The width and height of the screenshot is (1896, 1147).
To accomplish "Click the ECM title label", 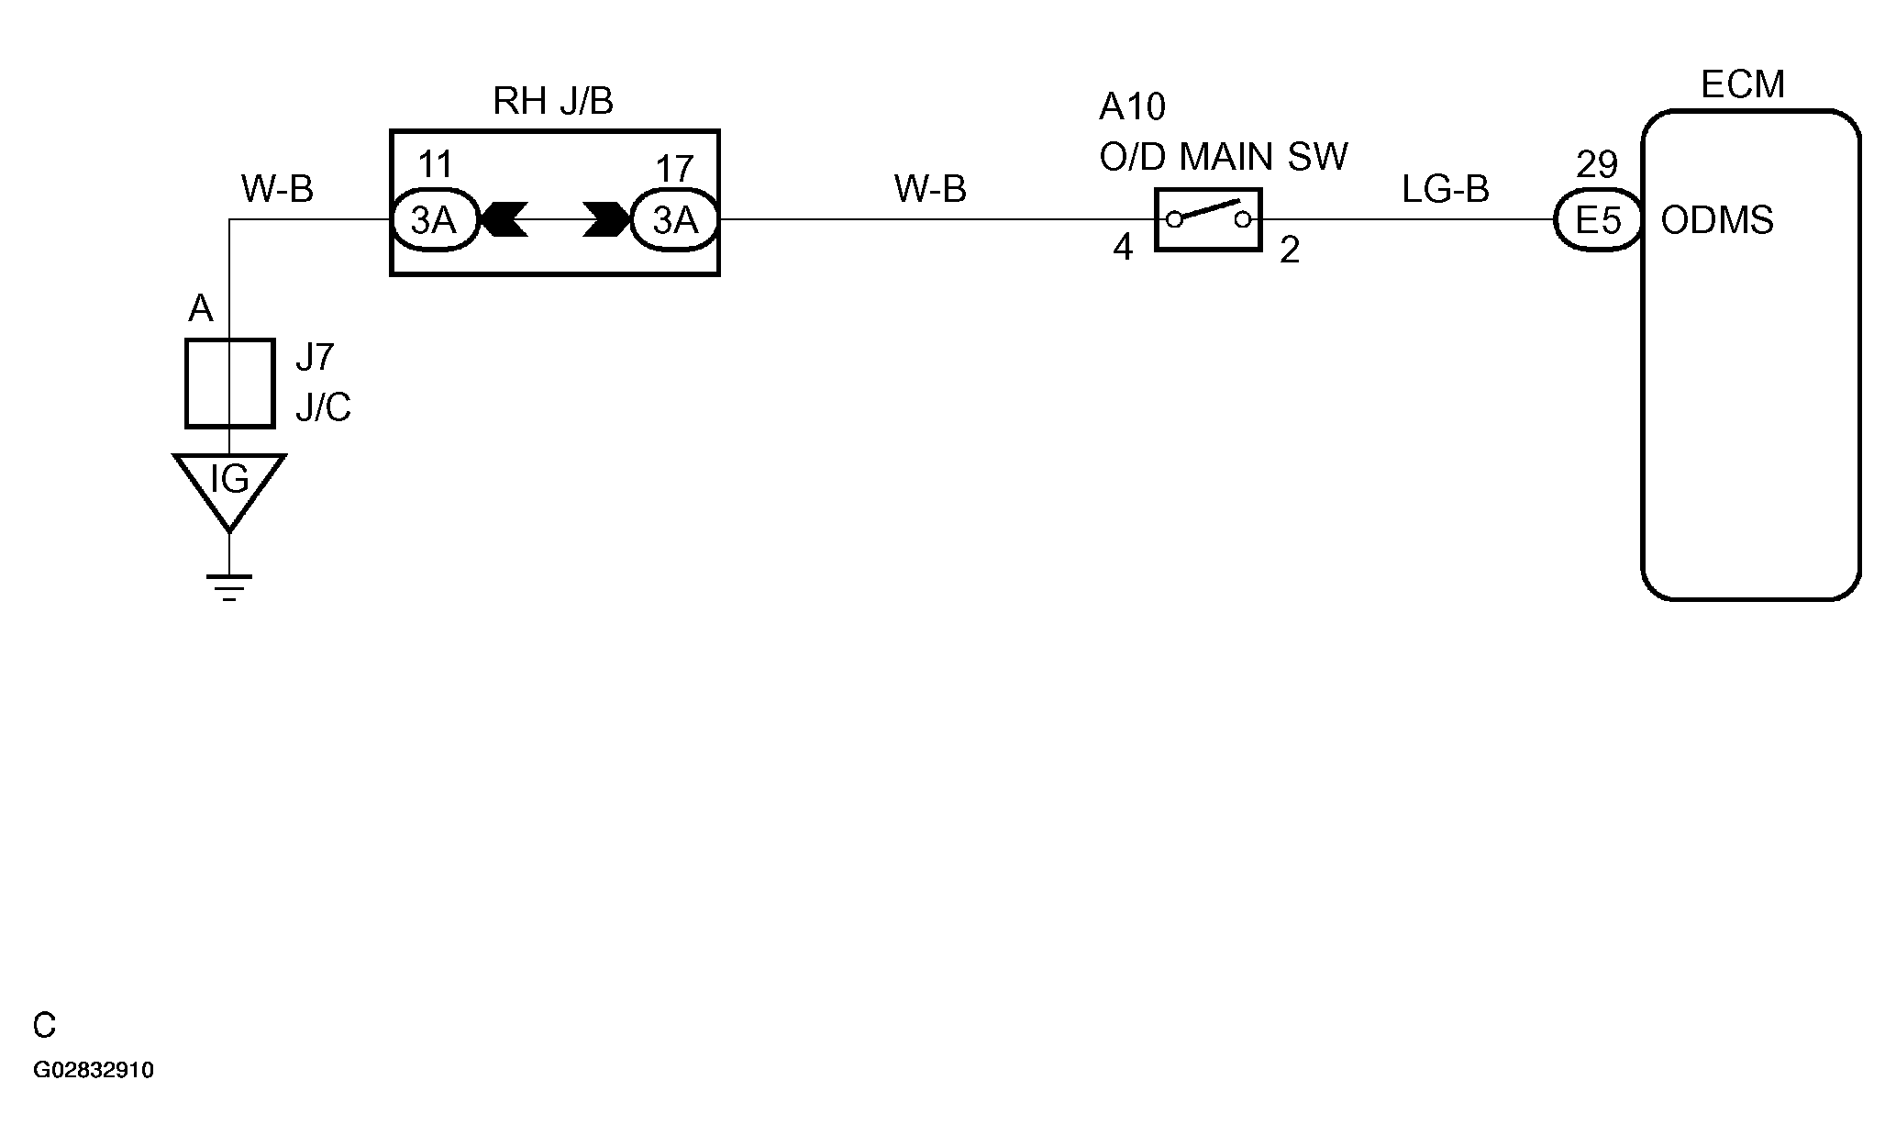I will (x=1742, y=85).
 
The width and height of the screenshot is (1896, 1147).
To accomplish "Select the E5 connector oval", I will (x=1597, y=220).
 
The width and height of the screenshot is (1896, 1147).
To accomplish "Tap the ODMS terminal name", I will (x=1717, y=221).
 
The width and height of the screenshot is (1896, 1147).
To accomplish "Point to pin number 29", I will (x=1596, y=165).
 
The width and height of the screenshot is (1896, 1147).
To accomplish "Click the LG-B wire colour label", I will (x=1445, y=190).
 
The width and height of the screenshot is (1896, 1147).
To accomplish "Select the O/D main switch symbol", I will (x=1207, y=219).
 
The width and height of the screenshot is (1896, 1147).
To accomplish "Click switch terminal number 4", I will (x=1123, y=249).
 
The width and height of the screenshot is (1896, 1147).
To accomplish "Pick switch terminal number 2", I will (x=1289, y=251).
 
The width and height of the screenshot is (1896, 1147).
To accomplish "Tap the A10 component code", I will (x=1132, y=107).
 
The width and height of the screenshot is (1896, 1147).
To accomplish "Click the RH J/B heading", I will (x=552, y=102).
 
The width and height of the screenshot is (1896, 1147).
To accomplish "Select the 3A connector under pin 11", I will (x=434, y=220).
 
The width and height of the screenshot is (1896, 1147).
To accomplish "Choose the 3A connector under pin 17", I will (x=674, y=220).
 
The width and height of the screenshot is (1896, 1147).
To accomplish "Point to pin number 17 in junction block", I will (x=674, y=169).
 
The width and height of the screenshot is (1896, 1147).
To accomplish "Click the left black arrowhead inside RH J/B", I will (x=504, y=220).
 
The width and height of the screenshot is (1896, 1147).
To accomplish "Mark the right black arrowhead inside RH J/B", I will (x=606, y=220).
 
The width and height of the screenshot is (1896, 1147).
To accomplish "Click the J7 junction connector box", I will (x=229, y=384).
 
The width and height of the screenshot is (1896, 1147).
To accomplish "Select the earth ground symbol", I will (x=229, y=585).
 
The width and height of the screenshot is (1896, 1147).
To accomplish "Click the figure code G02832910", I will (x=94, y=1071).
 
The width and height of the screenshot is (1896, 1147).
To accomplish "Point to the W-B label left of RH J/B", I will (x=277, y=190).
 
